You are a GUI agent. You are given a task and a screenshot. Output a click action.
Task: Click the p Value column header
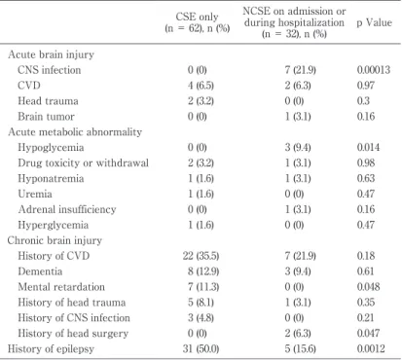pos(374,22)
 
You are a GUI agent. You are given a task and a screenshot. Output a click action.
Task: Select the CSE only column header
pos(198,22)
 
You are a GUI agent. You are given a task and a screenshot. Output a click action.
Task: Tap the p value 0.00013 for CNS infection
pos(374,70)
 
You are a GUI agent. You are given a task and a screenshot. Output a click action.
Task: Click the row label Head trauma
pos(48,101)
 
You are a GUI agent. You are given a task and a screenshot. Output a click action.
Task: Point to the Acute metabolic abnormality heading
pos(75,132)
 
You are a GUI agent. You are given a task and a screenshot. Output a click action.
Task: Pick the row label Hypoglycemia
pos(51,148)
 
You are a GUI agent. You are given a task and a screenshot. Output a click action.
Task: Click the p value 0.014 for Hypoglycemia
pos(368,147)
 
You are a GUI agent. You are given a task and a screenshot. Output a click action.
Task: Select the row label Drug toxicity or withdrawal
pos(84,162)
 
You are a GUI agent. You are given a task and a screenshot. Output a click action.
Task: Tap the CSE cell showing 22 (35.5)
pos(201,256)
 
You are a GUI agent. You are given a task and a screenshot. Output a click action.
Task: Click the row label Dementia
pos(40,271)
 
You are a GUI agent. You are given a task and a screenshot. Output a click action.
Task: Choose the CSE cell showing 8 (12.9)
pos(203,271)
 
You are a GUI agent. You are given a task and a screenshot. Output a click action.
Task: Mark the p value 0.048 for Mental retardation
pos(368,287)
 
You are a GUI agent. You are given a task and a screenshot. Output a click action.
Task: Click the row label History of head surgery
pos(73,333)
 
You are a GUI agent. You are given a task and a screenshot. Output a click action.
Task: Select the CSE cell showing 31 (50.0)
pos(201,348)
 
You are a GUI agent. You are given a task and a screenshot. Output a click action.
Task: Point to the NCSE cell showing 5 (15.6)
pos(300,348)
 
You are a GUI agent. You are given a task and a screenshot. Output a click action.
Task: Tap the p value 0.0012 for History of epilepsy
pos(371,348)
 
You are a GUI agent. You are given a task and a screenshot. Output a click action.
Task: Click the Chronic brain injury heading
pos(55,240)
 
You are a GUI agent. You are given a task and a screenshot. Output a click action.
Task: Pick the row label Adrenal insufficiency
pos(67,209)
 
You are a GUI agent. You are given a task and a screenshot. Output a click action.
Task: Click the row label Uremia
pos(35,194)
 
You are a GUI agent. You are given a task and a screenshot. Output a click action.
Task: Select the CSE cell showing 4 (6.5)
pos(201,86)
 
